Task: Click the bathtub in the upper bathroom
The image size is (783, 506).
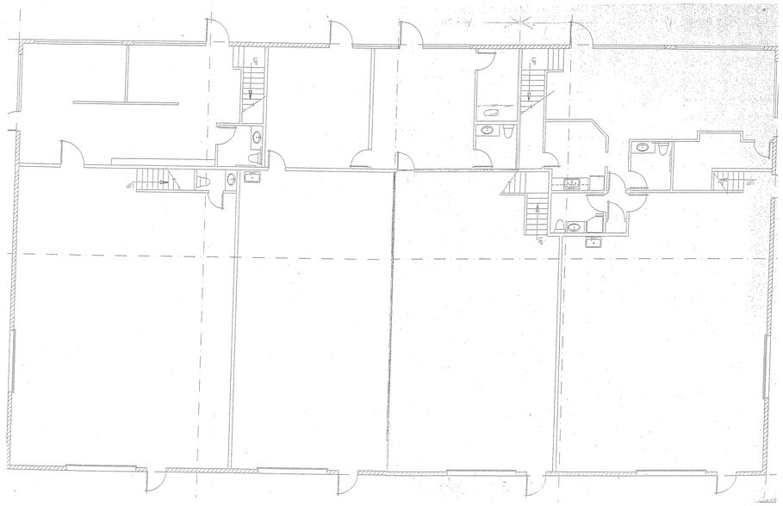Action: point(493,114)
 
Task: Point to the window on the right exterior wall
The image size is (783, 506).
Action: point(767,366)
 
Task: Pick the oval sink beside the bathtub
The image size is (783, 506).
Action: point(488,131)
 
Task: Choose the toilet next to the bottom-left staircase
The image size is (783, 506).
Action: point(204,182)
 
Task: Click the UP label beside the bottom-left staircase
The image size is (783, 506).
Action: point(129,184)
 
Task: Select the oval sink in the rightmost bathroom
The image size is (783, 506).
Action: point(643,148)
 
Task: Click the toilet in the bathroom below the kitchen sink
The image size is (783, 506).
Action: point(560,227)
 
